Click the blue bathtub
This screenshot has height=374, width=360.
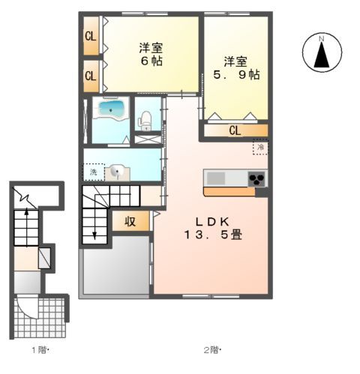tap(111, 109)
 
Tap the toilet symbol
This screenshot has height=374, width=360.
tap(145, 121)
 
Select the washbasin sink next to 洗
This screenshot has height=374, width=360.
tap(117, 172)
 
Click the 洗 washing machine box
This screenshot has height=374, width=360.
tap(94, 172)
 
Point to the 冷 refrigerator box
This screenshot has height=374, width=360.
tap(260, 147)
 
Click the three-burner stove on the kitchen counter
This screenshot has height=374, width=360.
tap(256, 179)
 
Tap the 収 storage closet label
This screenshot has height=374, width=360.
tap(130, 221)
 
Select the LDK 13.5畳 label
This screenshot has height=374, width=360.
tap(213, 229)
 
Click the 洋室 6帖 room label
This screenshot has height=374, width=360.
tap(151, 55)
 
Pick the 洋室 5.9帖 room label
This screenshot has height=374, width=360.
tap(236, 68)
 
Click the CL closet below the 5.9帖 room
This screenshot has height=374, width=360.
tap(235, 130)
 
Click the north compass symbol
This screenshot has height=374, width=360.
tap(322, 52)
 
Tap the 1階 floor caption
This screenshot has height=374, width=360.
tap(40, 350)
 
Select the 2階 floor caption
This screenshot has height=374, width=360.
tap(213, 350)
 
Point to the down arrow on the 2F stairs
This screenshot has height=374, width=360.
tap(94, 224)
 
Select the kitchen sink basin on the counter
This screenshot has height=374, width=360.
tap(215, 178)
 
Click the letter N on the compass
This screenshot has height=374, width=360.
tap(322, 39)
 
